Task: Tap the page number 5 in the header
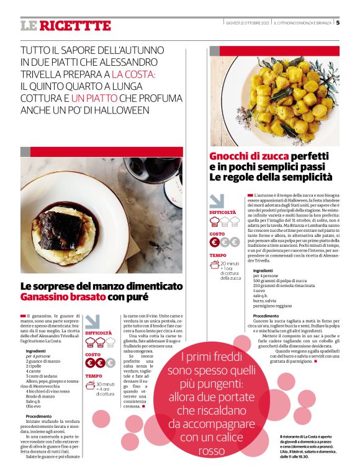(x=338, y=23)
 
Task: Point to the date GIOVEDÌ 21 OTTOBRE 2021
(x=247, y=23)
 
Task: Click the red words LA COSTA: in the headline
(x=133, y=74)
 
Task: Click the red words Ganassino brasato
(x=60, y=298)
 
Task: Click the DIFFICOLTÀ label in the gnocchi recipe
(x=222, y=212)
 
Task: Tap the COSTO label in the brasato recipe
(x=93, y=355)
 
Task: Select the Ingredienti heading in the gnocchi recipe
(x=263, y=270)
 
